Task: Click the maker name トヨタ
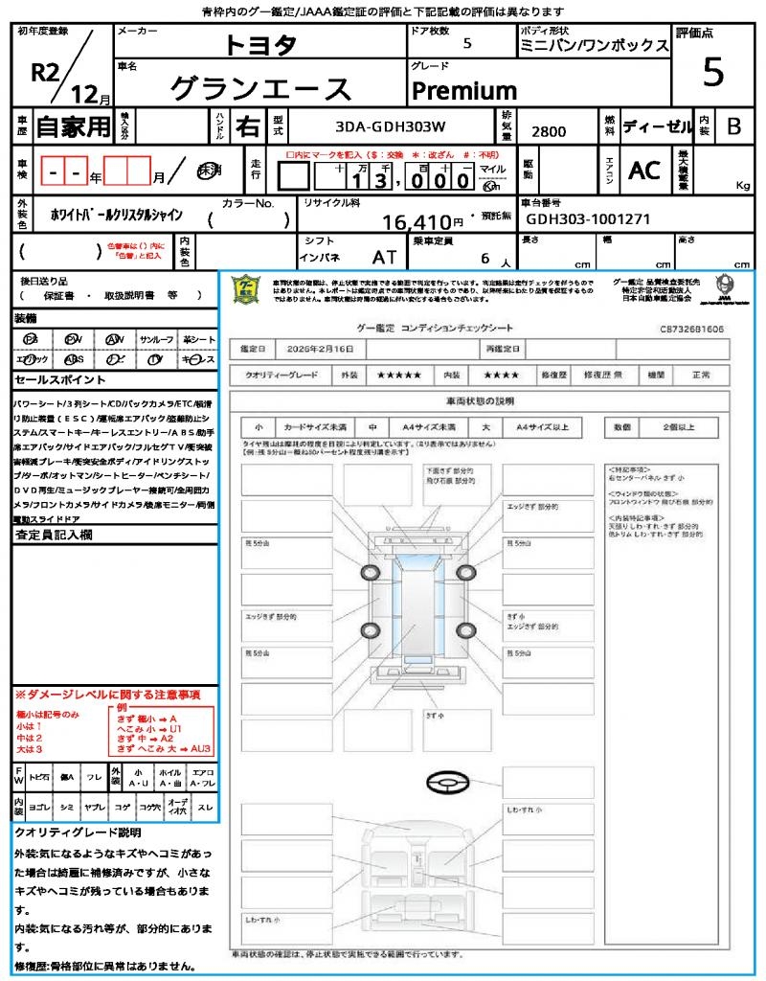pos(260,45)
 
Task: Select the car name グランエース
pos(260,89)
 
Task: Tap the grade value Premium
pos(464,91)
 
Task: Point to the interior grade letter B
pos(733,125)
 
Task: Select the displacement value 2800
pos(549,131)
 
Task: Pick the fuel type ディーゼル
pos(657,125)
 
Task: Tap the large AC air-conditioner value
pos(644,171)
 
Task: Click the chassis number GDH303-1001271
pos(589,218)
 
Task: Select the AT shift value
pos(385,258)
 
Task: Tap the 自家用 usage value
pos(73,125)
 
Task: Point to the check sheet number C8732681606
pos(691,329)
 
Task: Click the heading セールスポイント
pos(53,379)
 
